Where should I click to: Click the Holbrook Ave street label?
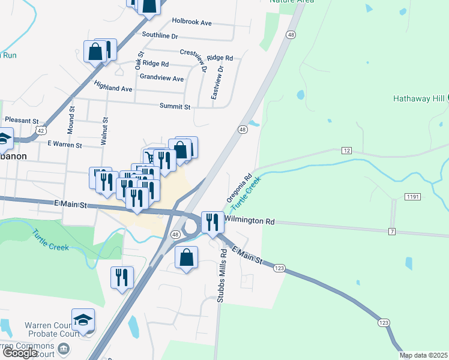191,22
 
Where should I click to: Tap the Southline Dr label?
158,36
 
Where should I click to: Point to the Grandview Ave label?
161,78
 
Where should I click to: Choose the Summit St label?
175,106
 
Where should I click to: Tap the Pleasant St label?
22,121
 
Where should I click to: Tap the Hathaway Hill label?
418,98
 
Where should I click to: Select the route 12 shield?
346,149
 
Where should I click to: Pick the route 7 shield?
391,231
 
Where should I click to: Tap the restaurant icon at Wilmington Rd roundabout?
212,223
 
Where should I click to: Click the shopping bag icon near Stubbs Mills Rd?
187,257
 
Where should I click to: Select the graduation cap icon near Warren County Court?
83,320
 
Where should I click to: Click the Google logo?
20,353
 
